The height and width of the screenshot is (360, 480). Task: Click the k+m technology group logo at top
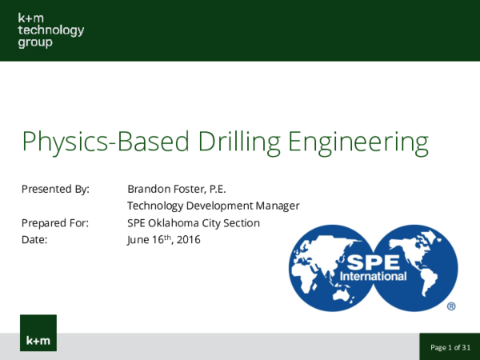pyautogui.click(x=50, y=30)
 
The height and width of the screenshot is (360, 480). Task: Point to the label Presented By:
pyautogui.click(x=55, y=190)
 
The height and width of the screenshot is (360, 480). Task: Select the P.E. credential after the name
pyautogui.click(x=218, y=190)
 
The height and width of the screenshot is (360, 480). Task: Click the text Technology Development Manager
pyautogui.click(x=213, y=206)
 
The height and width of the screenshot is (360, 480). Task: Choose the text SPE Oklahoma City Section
pyautogui.click(x=194, y=223)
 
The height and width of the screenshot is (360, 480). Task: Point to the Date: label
pyautogui.click(x=35, y=240)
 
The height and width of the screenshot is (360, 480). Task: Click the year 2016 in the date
pyautogui.click(x=188, y=240)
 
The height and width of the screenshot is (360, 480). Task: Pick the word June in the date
pyautogui.click(x=138, y=240)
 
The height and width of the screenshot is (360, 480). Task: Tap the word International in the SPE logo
pyautogui.click(x=374, y=277)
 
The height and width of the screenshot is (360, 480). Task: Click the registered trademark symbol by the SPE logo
pyautogui.click(x=451, y=306)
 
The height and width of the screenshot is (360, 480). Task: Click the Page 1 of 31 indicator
pyautogui.click(x=450, y=347)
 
